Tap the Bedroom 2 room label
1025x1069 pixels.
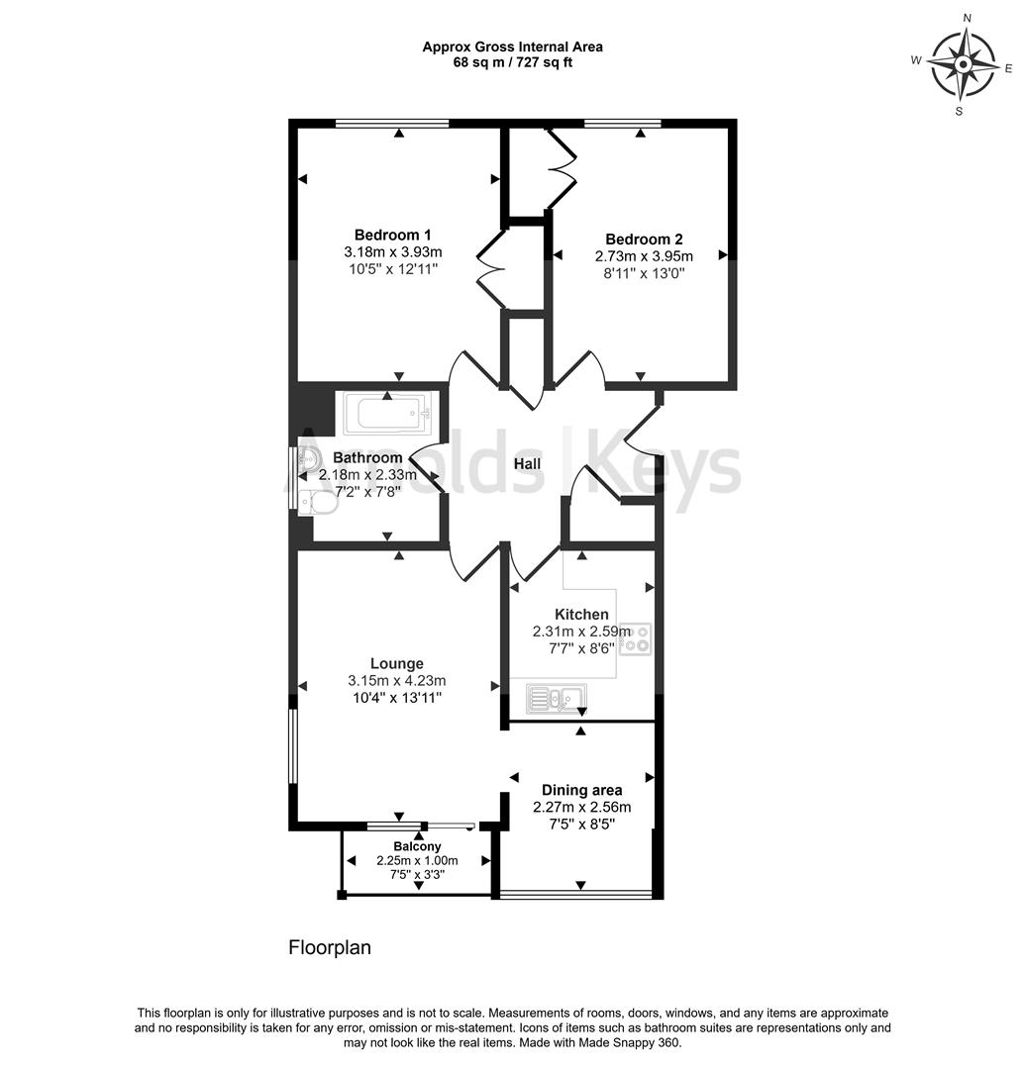[x=644, y=239]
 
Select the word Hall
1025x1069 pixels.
[x=526, y=464]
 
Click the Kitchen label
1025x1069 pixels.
[x=581, y=615]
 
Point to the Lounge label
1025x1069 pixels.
[x=397, y=663]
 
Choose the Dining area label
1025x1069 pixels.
[x=581, y=790]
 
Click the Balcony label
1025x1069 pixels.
[x=417, y=846]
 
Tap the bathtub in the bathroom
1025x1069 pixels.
[x=387, y=413]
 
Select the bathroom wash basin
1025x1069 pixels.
[x=308, y=458]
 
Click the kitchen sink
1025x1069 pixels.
[x=558, y=699]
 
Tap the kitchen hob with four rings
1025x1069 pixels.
[x=640, y=638]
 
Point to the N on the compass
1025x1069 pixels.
[x=967, y=18]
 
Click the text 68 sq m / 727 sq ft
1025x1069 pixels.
[x=512, y=62]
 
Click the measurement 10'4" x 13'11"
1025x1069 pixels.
[x=397, y=698]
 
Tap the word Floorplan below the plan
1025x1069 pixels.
[x=330, y=947]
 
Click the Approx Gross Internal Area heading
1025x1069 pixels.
[x=512, y=46]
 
